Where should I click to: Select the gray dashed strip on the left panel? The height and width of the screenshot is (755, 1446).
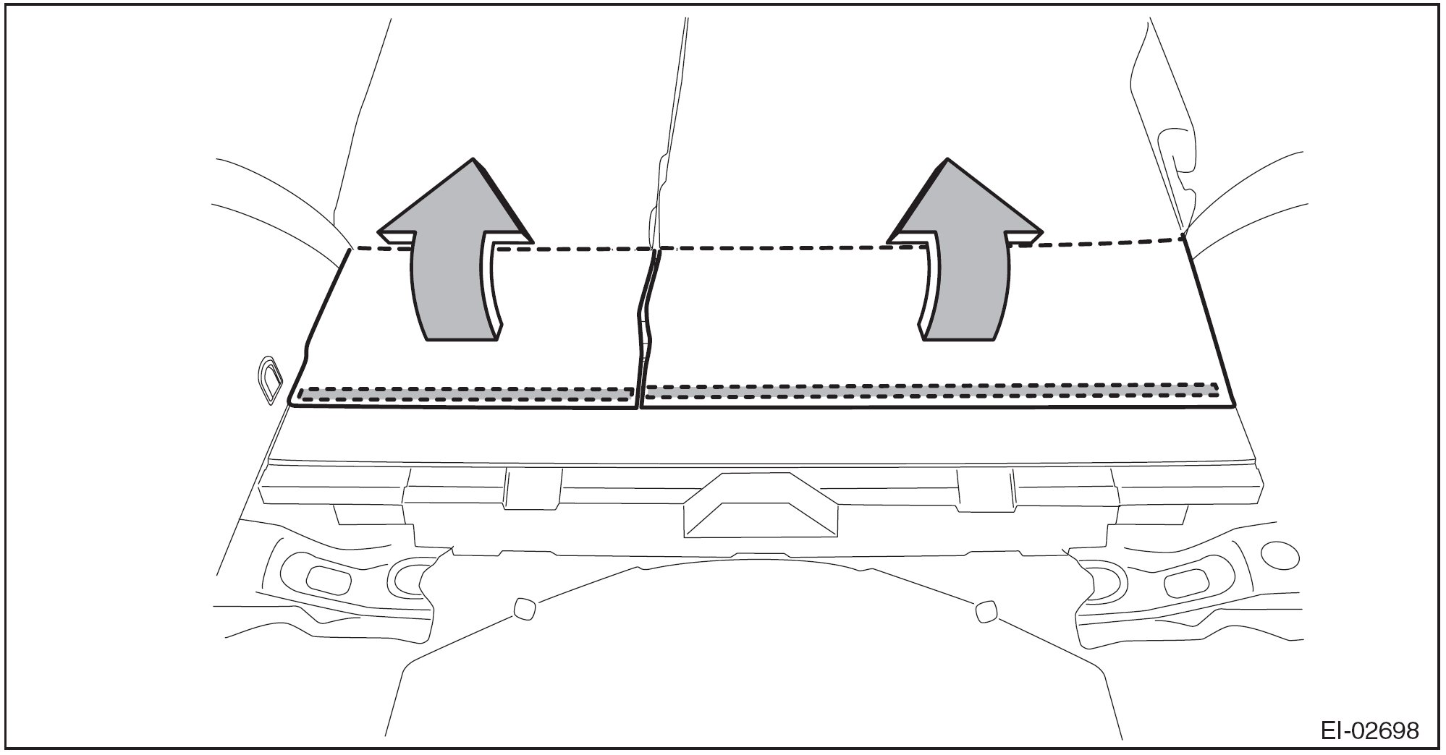[467, 394]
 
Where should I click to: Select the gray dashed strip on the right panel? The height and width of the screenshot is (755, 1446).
[930, 391]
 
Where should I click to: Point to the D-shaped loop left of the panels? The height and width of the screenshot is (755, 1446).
[270, 378]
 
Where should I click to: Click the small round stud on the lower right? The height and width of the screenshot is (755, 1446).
[985, 612]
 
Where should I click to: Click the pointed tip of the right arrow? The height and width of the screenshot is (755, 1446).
[944, 161]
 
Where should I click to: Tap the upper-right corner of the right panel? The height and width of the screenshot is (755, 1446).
[1183, 237]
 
